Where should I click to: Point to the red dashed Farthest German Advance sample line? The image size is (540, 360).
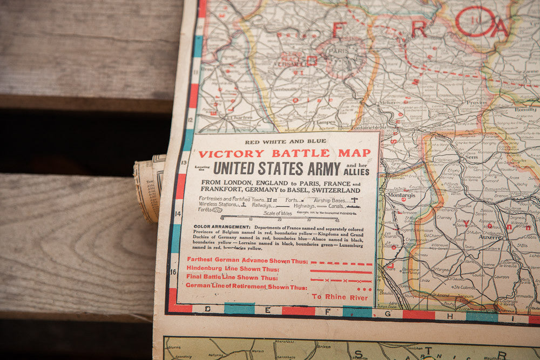pyautogui.click(x=341, y=263)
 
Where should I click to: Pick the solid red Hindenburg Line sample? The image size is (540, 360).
pyautogui.click(x=341, y=271)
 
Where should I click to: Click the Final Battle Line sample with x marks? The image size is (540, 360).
pyautogui.click(x=341, y=281)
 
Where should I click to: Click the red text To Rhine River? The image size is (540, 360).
pyautogui.click(x=340, y=297)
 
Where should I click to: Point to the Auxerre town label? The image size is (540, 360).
pyautogui.click(x=490, y=236)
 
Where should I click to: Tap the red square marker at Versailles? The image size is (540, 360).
pyautogui.click(x=312, y=60)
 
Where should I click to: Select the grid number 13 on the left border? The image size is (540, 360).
pyautogui.click(x=184, y=162)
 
